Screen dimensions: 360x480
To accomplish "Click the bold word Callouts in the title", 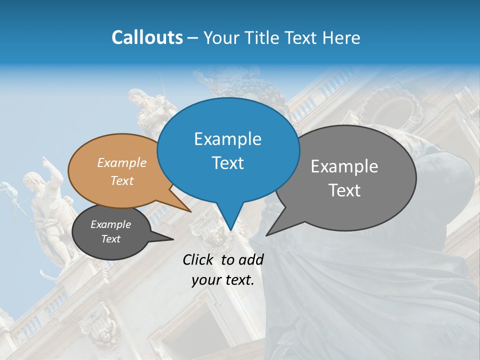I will (147, 37).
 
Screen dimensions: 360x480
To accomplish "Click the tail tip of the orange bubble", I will (191, 211).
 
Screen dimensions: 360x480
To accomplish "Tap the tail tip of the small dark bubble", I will (173, 239).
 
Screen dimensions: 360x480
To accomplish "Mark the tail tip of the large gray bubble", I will (266, 235).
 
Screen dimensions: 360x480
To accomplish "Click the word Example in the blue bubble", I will (228, 139).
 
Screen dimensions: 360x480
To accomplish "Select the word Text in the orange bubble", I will (122, 180).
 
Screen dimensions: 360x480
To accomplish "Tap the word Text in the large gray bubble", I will (344, 190).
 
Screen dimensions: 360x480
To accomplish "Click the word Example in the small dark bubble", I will (111, 224).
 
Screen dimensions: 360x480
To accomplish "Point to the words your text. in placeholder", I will (223, 280).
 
